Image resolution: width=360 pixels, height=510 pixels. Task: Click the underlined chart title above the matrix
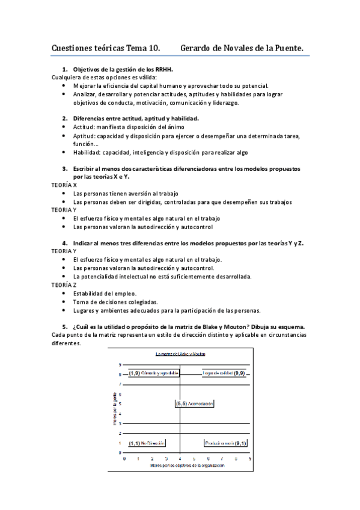180,355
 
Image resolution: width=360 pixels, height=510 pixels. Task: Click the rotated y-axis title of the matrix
114,409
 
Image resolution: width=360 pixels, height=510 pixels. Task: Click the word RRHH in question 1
163,69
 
